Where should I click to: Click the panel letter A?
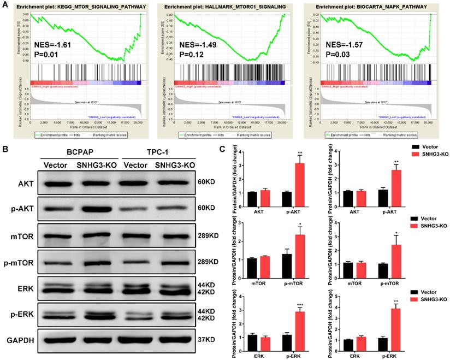4,5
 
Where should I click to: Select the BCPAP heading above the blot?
78,152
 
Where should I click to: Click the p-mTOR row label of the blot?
19,263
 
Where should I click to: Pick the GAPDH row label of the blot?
20,340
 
